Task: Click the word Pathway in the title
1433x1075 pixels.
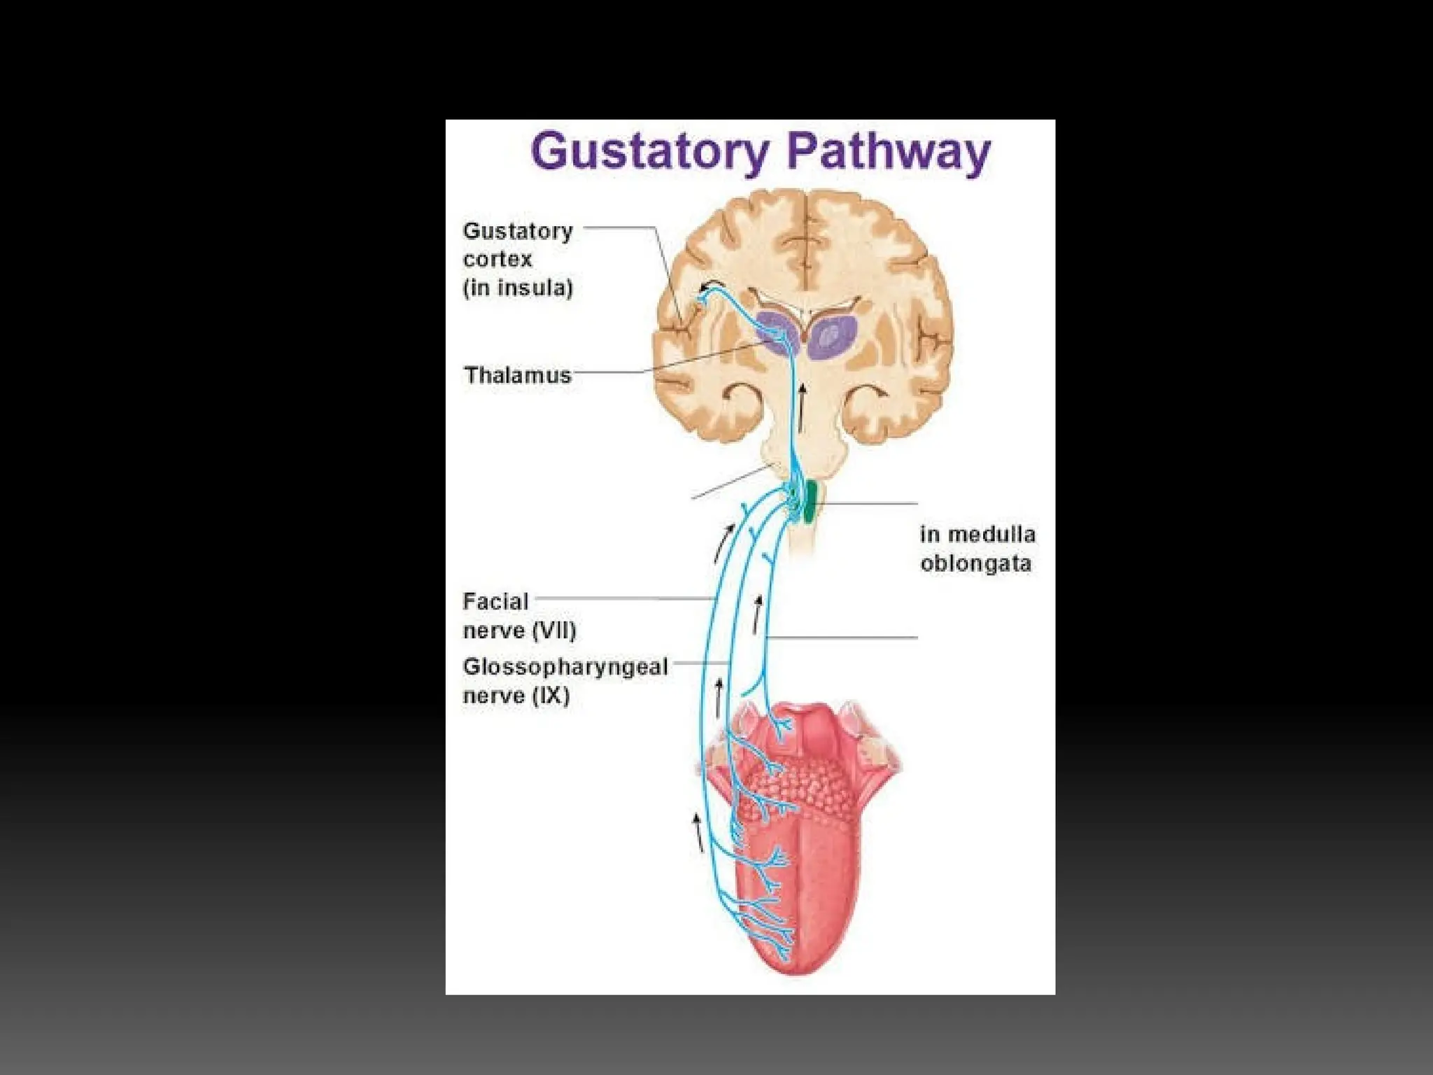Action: tap(888, 151)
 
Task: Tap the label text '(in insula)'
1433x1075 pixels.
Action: tap(518, 288)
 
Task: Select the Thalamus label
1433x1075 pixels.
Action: tap(518, 375)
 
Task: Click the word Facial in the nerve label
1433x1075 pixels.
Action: tap(495, 601)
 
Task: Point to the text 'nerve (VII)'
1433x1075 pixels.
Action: tap(519, 631)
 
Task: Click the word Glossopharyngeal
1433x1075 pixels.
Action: tap(565, 666)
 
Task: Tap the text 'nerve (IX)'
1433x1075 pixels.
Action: tap(516, 696)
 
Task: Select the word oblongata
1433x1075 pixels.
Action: tap(975, 563)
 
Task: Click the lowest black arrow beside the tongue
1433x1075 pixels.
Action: tap(698, 832)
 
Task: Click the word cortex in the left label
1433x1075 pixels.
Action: tap(497, 259)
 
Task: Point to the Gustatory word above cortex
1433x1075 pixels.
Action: tap(518, 230)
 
